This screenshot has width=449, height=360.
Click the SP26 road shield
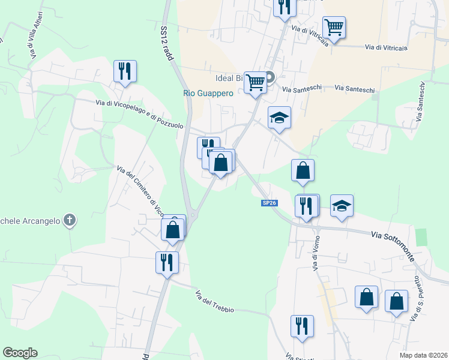tap(269, 203)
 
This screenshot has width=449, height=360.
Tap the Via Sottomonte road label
tap(392, 238)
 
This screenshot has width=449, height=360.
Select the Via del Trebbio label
tap(214, 301)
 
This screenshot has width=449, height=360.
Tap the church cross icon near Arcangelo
tap(70, 220)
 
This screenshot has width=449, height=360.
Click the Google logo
tap(20, 353)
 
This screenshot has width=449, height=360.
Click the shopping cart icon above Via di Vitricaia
tap(334, 26)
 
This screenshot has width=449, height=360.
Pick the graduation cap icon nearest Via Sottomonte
tap(342, 205)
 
